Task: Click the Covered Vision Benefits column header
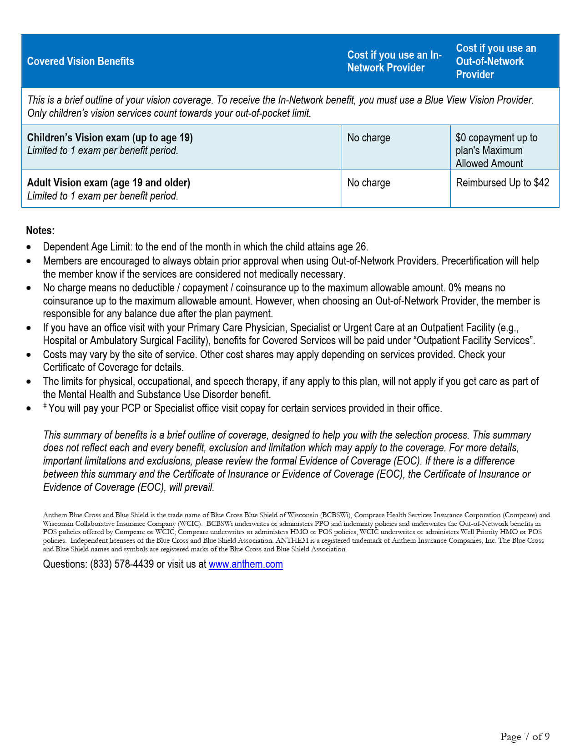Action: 81,61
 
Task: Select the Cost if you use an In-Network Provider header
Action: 394,61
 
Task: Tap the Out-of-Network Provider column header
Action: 496,61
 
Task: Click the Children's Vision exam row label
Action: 110,138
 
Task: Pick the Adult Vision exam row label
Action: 108,183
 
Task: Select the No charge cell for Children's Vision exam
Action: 368,138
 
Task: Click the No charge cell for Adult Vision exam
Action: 368,183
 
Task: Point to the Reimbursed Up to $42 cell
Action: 502,183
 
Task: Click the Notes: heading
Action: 40,230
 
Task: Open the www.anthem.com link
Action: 246,564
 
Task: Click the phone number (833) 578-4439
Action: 121,564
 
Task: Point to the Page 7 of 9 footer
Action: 525,736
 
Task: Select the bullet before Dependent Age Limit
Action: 29,247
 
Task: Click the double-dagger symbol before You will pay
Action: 45,406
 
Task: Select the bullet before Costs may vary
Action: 29,355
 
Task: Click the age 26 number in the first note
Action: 361,247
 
